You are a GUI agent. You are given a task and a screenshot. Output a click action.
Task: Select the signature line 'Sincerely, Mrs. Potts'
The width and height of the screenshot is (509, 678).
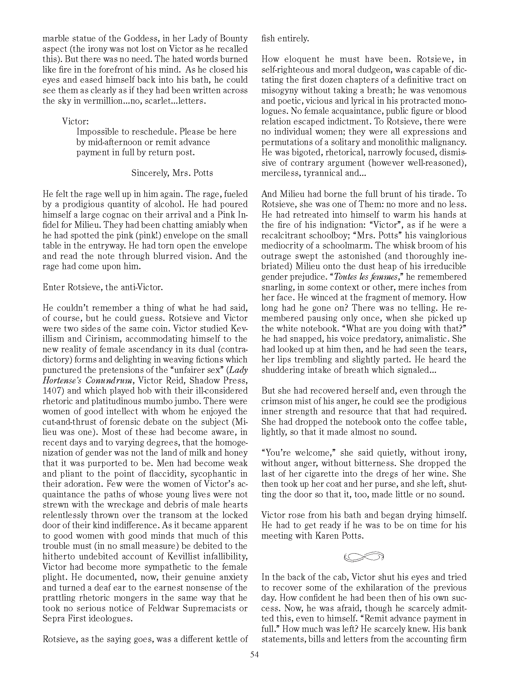pyautogui.click(x=172, y=173)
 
